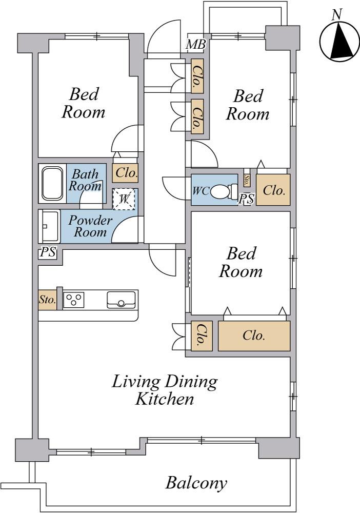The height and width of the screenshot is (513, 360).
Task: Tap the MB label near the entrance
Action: point(195,45)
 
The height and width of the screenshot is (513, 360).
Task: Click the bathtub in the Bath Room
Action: point(52,183)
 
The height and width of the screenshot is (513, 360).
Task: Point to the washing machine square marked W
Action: point(124,199)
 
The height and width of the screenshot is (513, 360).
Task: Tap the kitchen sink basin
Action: point(121,300)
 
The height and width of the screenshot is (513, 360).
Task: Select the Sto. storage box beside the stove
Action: point(47,300)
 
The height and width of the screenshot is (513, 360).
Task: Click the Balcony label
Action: point(196,483)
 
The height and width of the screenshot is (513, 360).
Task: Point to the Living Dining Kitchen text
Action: point(165,390)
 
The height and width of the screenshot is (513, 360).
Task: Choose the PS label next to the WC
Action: point(247,199)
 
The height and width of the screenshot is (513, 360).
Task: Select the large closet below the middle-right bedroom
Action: point(254,336)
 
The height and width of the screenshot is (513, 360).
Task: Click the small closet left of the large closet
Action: point(201,336)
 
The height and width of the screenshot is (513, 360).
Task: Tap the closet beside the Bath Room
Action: point(126,173)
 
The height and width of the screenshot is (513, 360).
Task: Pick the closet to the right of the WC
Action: point(273,190)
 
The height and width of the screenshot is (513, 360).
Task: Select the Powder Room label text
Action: point(90,226)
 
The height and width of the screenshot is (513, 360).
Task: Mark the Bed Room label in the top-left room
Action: point(84,103)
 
